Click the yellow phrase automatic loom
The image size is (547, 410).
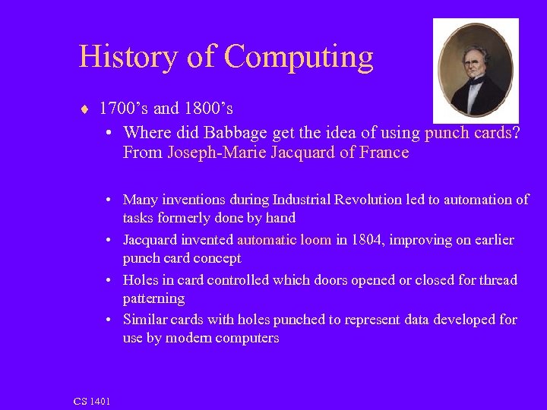(x=284, y=240)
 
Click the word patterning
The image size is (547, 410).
(x=153, y=298)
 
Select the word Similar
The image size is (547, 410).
(x=144, y=320)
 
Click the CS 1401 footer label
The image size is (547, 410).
(x=92, y=401)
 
